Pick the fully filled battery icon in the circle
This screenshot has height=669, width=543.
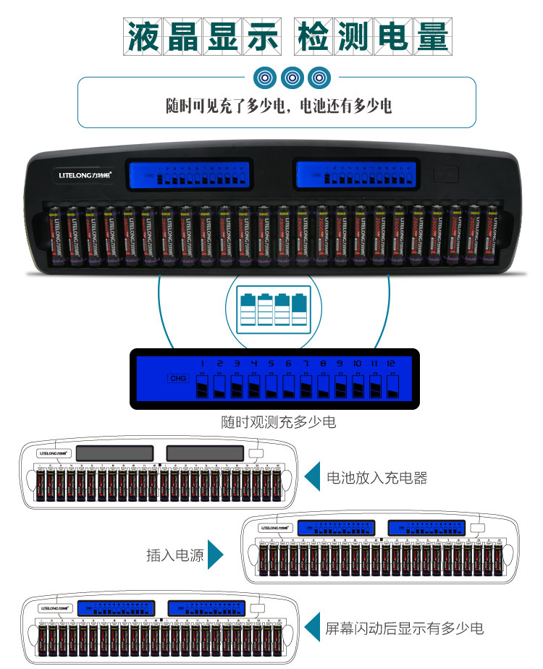[299, 311]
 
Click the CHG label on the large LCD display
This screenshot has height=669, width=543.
[177, 378]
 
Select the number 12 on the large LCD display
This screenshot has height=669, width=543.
[392, 363]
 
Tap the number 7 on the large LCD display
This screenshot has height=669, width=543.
[306, 363]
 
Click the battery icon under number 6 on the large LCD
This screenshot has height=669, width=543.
[288, 385]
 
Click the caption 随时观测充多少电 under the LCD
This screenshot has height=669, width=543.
[278, 422]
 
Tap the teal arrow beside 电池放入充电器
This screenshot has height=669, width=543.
[312, 477]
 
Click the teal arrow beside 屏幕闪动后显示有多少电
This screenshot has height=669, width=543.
[312, 627]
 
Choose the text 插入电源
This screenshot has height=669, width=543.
[174, 556]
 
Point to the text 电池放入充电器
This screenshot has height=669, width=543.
[377, 478]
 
